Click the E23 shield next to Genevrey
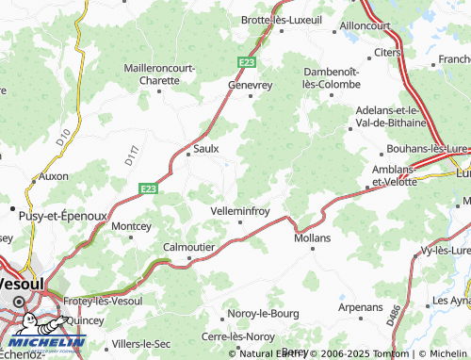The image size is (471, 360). (x=246, y=61)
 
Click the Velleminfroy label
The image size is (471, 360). (x=241, y=211)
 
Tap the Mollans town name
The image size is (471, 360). (x=312, y=238)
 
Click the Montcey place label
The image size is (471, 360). (x=131, y=226)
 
